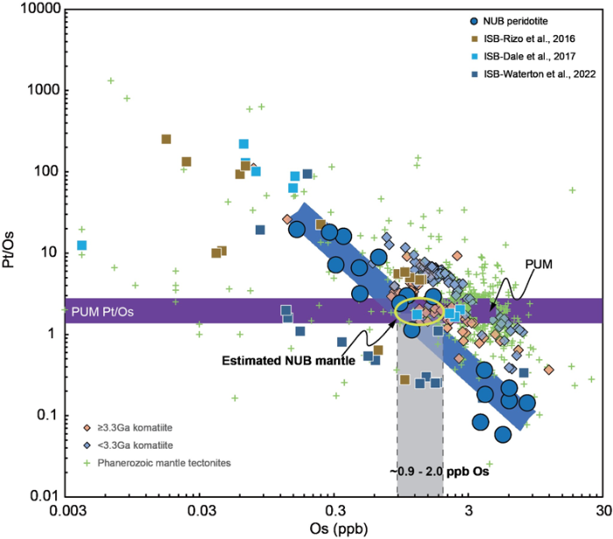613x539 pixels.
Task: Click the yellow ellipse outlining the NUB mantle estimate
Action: pyautogui.click(x=419, y=311)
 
